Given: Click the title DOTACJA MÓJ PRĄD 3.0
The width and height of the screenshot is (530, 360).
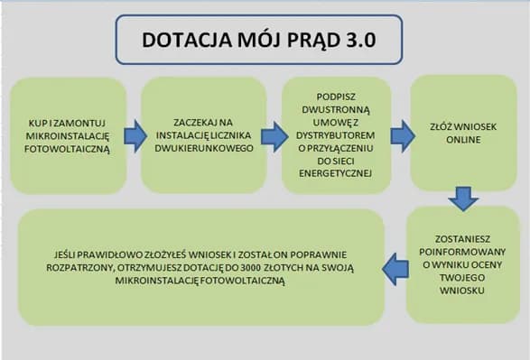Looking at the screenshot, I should pos(259,41).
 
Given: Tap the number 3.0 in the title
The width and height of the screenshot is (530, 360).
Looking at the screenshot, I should pos(353,41).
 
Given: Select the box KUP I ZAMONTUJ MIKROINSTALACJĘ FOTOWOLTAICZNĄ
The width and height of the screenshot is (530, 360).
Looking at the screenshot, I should pos(69,135).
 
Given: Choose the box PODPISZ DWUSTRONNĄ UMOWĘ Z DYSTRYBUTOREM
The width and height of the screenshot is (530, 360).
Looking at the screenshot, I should pos(336,135).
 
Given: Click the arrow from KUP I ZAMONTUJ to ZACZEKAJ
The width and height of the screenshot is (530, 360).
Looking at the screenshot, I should pos(135,135).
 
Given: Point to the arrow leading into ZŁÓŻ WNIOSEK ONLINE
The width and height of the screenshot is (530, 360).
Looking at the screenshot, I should pos(402,135).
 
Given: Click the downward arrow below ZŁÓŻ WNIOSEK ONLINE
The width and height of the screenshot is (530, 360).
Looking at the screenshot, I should pos(463,198).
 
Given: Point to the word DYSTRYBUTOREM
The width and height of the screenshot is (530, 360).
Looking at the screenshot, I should pos(337,136).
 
